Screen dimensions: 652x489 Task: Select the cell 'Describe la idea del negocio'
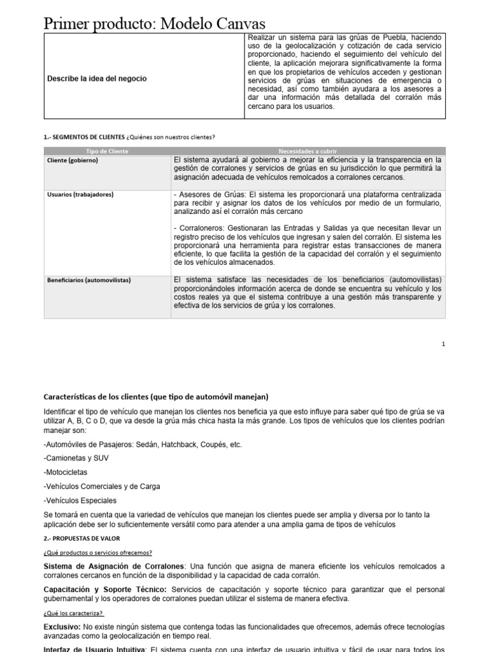96,78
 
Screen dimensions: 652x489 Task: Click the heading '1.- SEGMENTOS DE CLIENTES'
83,137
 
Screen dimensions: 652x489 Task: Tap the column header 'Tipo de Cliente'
107,151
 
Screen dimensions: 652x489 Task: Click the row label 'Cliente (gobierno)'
73,160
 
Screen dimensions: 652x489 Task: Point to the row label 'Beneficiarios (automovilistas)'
89,280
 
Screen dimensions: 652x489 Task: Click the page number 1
443,344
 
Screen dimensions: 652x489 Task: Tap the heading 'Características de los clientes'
156,396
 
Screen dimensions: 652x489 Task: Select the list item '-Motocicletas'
66,472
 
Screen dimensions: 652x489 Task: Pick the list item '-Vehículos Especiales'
80,500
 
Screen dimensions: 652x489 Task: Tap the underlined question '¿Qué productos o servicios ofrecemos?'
97,552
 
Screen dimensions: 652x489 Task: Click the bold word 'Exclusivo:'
63,627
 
